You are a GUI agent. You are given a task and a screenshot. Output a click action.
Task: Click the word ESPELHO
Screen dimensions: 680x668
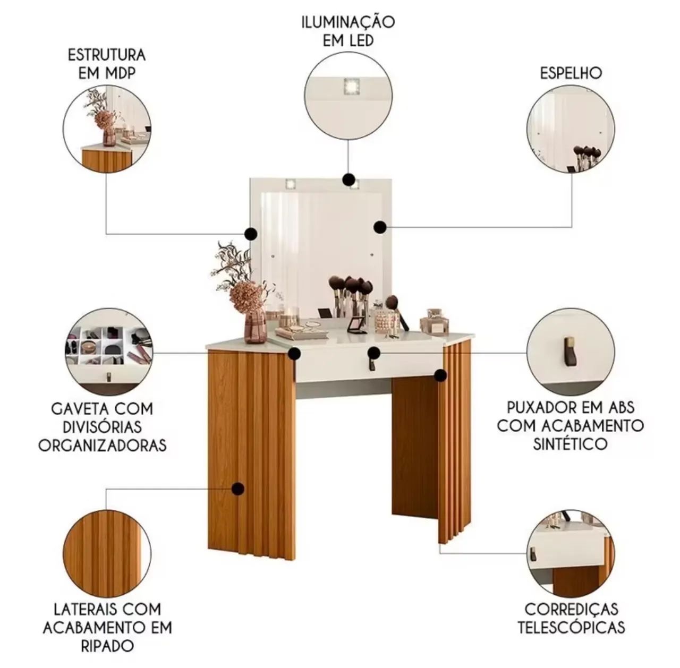click(571, 73)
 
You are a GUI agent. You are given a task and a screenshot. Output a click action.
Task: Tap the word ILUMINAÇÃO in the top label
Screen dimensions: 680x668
click(348, 22)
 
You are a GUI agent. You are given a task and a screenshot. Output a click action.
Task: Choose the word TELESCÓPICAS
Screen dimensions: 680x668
click(571, 628)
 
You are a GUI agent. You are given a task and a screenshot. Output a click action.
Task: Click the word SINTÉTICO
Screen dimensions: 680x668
click(570, 444)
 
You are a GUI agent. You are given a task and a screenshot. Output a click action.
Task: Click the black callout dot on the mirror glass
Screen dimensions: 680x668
click(380, 227)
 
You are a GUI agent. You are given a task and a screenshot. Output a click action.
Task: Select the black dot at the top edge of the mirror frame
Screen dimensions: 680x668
click(348, 179)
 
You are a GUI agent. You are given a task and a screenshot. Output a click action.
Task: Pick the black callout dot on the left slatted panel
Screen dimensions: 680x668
click(238, 489)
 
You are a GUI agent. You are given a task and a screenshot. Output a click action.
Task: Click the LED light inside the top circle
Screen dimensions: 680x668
click(352, 87)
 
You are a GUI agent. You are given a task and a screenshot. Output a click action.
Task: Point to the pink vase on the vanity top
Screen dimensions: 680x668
click(255, 324)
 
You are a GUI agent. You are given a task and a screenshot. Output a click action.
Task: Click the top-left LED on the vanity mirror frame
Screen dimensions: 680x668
click(291, 184)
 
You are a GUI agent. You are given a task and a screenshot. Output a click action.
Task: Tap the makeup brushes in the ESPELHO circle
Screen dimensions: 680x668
click(586, 155)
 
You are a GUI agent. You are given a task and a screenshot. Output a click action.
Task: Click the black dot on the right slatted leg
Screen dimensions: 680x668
click(440, 375)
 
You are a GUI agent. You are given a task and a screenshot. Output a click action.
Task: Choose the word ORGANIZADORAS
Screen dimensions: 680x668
click(103, 446)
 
